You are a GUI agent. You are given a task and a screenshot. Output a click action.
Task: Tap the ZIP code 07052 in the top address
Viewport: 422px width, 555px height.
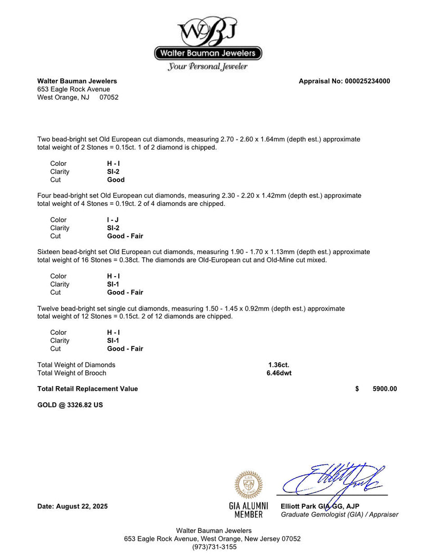(109, 98)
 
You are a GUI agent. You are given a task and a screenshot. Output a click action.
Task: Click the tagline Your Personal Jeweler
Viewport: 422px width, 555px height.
(208, 67)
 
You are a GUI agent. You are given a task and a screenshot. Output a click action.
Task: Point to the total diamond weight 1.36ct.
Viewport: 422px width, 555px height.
(279, 365)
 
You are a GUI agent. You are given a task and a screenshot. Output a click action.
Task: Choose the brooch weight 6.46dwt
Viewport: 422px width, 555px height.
(280, 373)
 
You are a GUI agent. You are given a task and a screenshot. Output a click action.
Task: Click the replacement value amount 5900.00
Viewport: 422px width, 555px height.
(385, 389)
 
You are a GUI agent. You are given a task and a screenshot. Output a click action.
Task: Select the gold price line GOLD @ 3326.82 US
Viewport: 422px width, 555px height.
(70, 405)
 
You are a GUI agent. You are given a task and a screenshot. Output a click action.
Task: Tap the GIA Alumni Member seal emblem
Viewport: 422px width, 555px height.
(248, 485)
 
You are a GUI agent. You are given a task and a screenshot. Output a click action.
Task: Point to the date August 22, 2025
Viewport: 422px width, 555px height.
(72, 506)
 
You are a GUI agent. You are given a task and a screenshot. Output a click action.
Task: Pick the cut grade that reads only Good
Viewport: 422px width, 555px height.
(116, 180)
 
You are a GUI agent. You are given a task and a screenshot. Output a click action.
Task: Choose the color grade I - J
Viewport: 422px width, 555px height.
(113, 220)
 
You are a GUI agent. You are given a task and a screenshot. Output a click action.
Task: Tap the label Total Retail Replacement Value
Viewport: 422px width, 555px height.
(88, 389)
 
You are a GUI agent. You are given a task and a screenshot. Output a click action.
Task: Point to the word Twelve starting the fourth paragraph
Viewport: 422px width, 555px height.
(49, 308)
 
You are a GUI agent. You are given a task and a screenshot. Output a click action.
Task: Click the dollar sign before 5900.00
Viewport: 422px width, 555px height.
(357, 389)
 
